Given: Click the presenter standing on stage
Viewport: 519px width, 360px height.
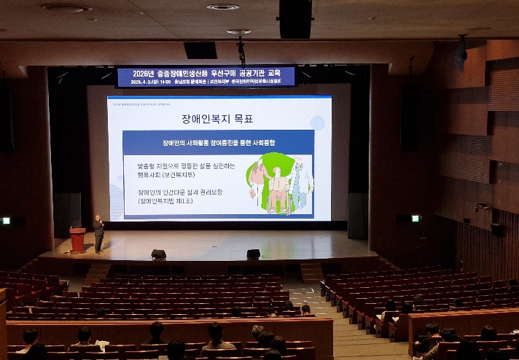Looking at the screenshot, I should click(x=98, y=234).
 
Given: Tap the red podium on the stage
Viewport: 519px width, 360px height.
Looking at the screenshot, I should click(x=77, y=240).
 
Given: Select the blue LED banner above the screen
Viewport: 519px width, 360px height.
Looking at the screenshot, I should click(x=206, y=77).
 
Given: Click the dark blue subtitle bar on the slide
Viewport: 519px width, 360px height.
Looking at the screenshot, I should click(x=217, y=142).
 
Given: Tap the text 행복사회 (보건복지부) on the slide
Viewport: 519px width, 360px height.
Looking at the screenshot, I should click(x=176, y=175).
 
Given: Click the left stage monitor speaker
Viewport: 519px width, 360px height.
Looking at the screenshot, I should click(x=158, y=254).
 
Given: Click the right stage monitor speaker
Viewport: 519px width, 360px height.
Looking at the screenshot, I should click(x=253, y=254).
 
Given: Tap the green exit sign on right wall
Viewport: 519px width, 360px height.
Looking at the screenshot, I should click(x=415, y=218).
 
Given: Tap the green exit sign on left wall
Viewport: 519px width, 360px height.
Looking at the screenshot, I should click(x=7, y=220).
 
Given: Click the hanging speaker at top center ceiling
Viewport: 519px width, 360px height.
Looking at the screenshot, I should click(x=295, y=18).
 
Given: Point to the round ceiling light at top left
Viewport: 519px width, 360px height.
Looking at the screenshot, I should click(x=66, y=7).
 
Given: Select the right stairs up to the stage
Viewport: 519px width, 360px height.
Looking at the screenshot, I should click(x=312, y=273).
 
